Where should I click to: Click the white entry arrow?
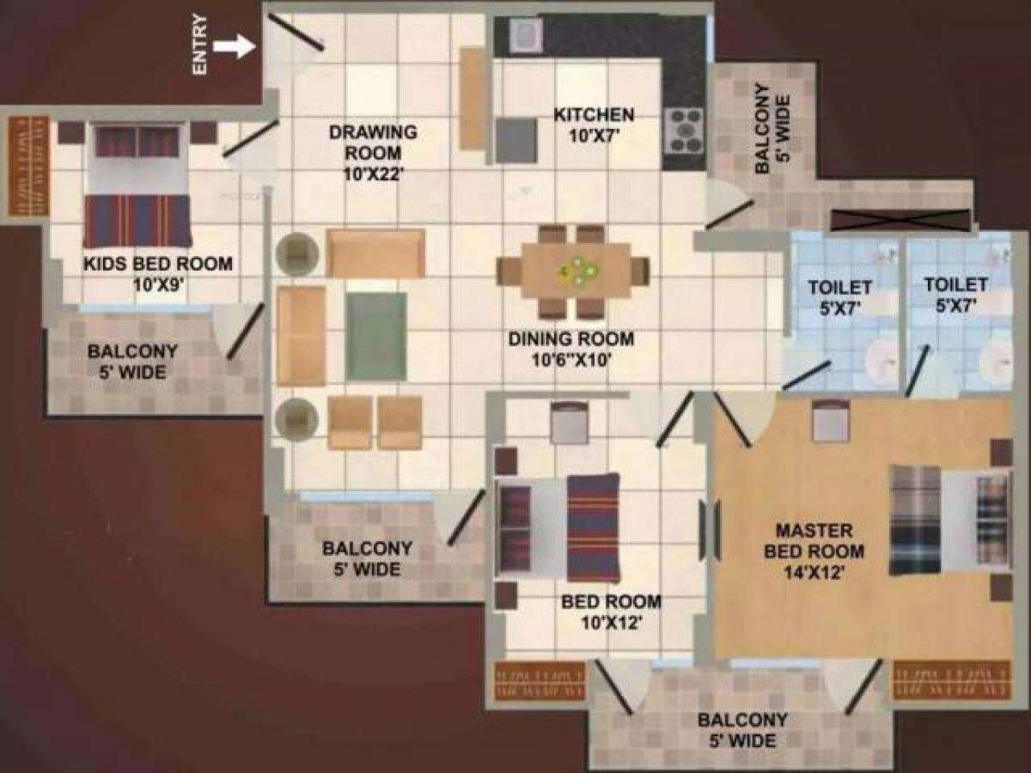tap(235, 46)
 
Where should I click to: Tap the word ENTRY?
tap(201, 45)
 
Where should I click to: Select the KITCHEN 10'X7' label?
tap(594, 124)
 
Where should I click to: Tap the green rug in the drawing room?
tap(376, 335)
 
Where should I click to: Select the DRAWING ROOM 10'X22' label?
tap(373, 153)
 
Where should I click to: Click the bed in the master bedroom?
tap(945, 520)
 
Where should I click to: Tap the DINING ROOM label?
tap(570, 349)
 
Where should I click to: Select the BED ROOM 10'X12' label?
tap(611, 612)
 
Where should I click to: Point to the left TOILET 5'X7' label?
tap(839, 295)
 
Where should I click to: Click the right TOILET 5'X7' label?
tap(955, 294)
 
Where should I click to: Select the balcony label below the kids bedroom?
tap(132, 362)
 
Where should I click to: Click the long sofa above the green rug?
tap(375, 253)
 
